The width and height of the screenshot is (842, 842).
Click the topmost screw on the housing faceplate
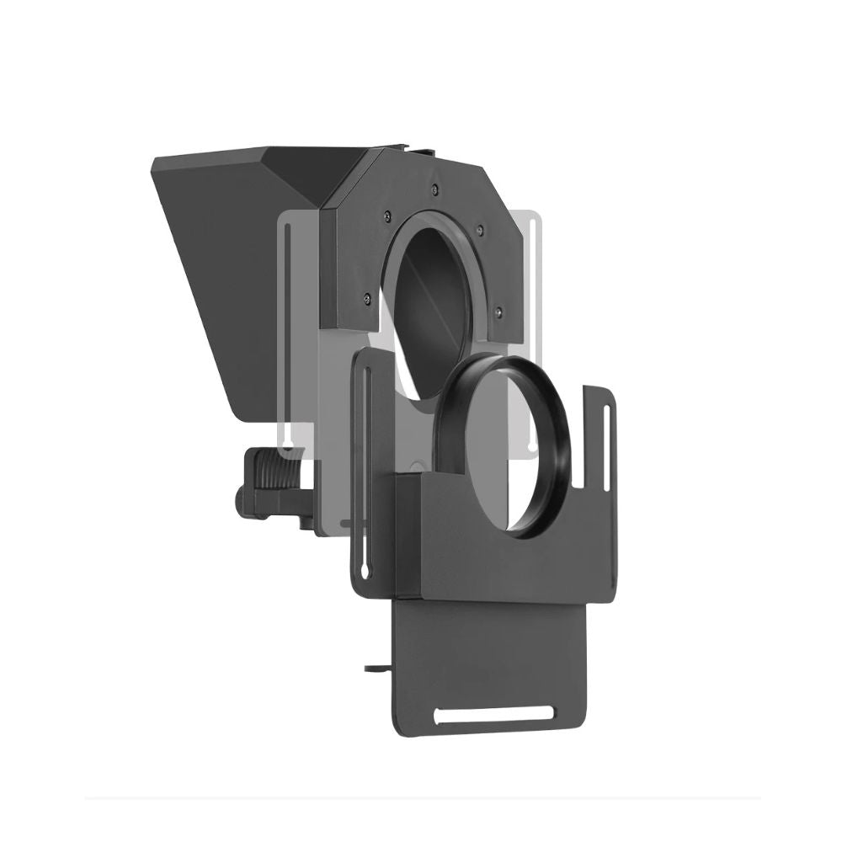point(433,188)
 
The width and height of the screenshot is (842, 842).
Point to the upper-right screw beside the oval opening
point(479,226)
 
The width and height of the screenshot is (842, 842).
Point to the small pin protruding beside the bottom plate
point(373,669)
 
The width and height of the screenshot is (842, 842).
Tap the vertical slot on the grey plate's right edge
point(530,337)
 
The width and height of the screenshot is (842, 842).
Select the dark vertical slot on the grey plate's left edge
point(289,337)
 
